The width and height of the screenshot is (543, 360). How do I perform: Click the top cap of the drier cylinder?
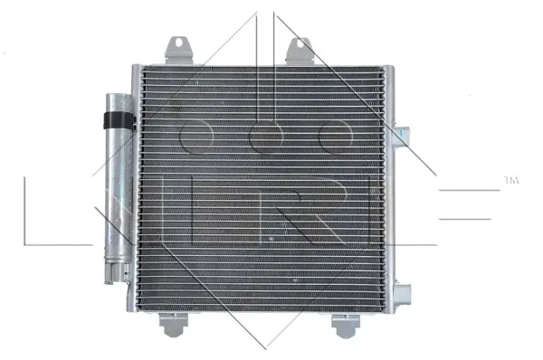[x=116, y=97]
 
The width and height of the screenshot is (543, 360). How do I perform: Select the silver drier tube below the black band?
[x=117, y=190]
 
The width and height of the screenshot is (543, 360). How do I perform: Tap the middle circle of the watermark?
[x=265, y=137]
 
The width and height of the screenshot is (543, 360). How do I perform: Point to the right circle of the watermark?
[x=334, y=137]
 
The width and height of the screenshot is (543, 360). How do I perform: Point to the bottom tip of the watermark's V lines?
[x=265, y=347]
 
